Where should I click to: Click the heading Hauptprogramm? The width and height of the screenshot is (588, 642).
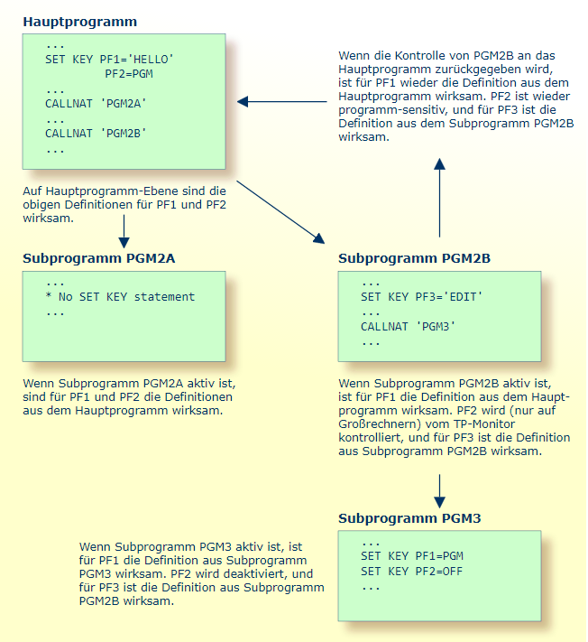[x=80, y=20]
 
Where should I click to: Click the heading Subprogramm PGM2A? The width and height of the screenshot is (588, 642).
[x=98, y=258]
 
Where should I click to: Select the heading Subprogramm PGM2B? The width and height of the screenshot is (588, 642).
[x=414, y=258]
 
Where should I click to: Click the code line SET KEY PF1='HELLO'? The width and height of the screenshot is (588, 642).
[x=109, y=60]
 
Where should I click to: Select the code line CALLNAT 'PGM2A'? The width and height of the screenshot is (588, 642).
[x=96, y=104]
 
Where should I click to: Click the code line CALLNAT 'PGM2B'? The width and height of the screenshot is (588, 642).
[x=96, y=134]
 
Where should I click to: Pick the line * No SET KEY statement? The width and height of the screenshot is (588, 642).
[x=120, y=297]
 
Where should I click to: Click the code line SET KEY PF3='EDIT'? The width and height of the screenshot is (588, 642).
[x=422, y=297]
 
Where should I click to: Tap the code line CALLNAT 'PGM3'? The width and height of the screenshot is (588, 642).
[x=408, y=327]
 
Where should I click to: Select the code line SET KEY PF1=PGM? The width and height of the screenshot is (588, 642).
[x=411, y=555]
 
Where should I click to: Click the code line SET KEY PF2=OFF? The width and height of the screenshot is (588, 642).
[x=411, y=571]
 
